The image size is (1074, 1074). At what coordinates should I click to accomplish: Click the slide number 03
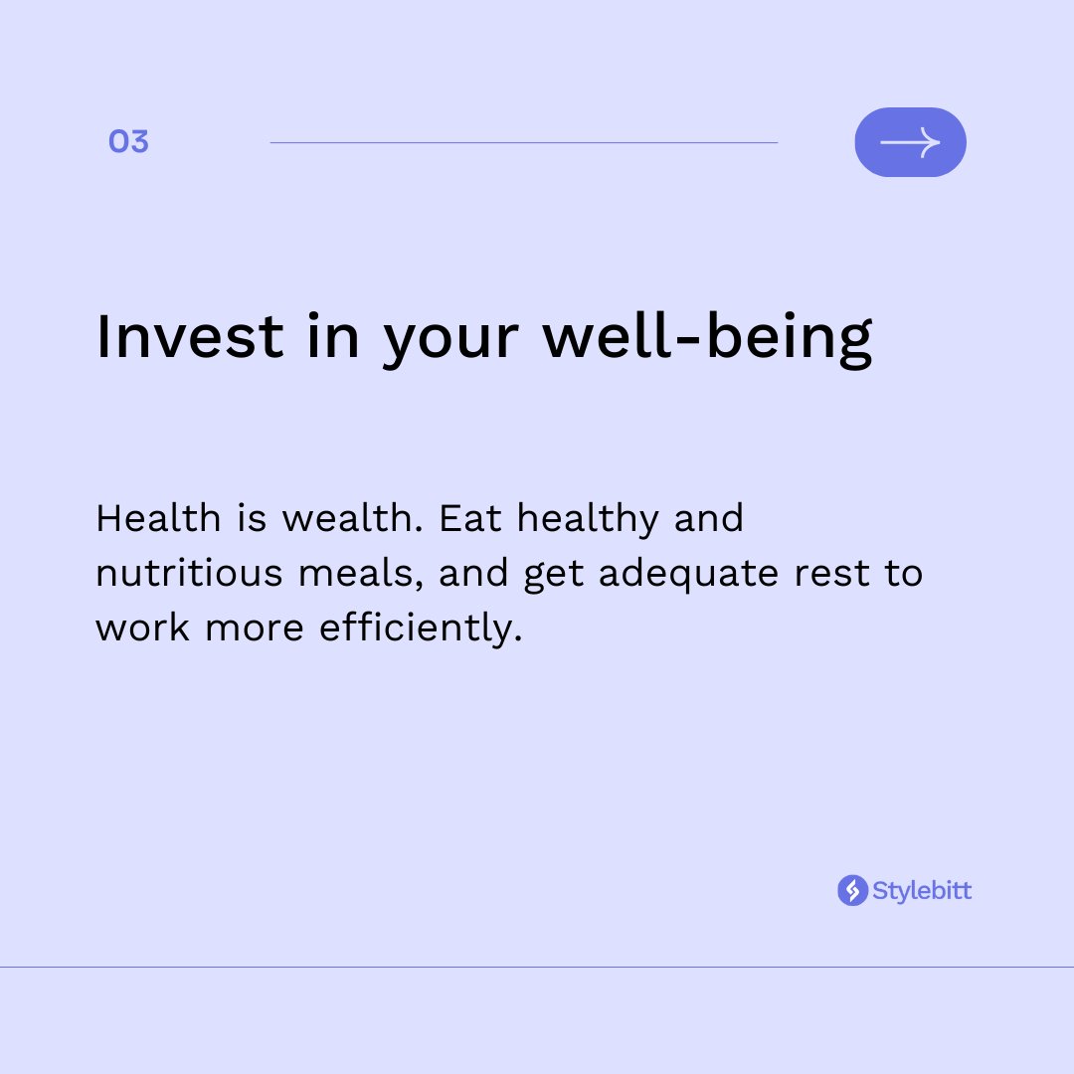(128, 142)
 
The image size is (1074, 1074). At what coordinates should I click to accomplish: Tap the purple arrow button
(910, 142)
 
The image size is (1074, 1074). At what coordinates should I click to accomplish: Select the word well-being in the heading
(707, 338)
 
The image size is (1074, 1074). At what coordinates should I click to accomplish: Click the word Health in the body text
(158, 518)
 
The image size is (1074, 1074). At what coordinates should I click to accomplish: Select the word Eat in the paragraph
(470, 518)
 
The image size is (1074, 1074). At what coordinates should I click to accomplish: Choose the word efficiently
(421, 629)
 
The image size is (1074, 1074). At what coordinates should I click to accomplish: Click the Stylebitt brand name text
(922, 890)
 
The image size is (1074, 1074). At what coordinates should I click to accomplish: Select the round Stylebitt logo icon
(852, 890)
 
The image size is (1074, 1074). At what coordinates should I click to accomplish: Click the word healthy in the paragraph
(588, 520)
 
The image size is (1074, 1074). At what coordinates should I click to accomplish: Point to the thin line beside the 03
(523, 142)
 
